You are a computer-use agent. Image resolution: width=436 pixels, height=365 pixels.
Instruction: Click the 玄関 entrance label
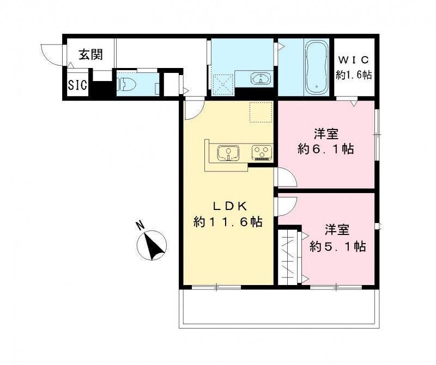tap(90, 54)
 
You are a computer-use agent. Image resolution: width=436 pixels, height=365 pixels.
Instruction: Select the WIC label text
tap(354, 59)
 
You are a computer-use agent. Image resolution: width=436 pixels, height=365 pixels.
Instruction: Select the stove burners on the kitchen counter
tap(262, 152)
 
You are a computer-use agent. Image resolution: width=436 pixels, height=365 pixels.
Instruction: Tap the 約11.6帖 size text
tap(228, 222)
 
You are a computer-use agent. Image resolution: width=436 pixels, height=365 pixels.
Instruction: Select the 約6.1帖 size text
tap(326, 149)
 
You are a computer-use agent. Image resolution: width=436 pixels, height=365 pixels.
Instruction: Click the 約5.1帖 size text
tap(337, 246)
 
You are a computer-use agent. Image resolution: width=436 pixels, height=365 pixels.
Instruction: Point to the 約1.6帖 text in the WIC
tap(354, 75)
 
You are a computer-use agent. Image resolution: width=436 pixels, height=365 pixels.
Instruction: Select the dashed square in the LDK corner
tap(260, 112)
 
